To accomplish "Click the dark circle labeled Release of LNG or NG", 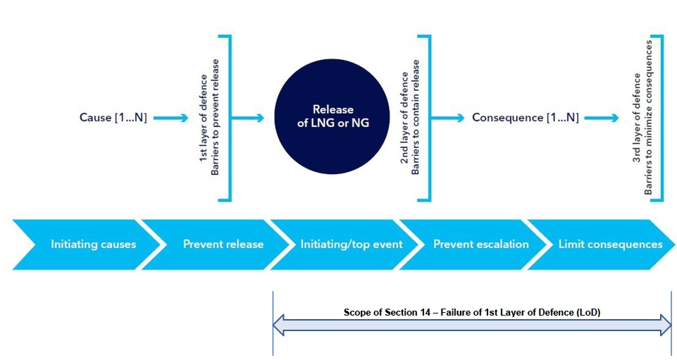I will [x=333, y=118].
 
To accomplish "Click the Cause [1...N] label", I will [x=113, y=118].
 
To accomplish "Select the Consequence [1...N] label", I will [x=526, y=118].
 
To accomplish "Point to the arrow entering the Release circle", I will [x=248, y=118].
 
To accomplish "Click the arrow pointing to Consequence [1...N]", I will [x=449, y=118].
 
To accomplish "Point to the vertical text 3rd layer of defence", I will [x=636, y=118].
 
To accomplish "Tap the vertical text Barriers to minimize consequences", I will [x=649, y=118].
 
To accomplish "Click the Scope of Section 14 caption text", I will [x=471, y=311].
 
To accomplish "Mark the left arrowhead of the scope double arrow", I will [x=279, y=325].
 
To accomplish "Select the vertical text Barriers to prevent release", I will [x=216, y=118].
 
